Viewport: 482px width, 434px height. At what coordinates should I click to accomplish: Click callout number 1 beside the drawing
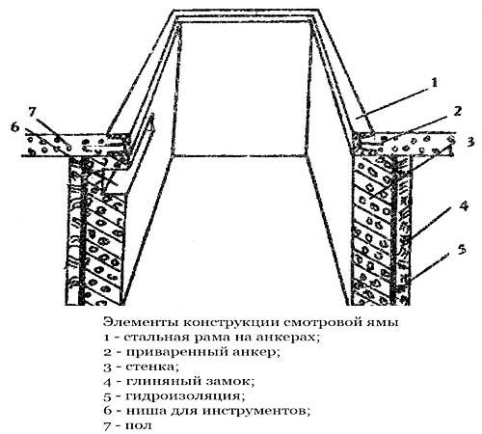[x=434, y=83]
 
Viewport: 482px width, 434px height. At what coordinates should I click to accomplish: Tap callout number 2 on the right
[x=458, y=111]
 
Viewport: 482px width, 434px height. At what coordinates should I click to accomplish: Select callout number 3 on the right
[x=470, y=142]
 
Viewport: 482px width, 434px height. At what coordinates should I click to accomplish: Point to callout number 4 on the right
[x=464, y=206]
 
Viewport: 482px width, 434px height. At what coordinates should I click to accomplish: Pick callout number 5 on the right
[x=462, y=250]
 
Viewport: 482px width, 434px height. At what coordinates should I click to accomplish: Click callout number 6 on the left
[x=15, y=127]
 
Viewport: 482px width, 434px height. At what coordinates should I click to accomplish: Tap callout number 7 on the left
[x=32, y=112]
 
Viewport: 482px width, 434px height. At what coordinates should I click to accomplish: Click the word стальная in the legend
[x=155, y=338]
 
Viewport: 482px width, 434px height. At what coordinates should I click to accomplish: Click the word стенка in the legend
[x=151, y=366]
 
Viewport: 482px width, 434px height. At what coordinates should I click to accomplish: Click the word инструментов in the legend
[x=256, y=411]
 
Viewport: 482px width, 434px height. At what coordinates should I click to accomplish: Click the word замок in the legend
[x=228, y=382]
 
